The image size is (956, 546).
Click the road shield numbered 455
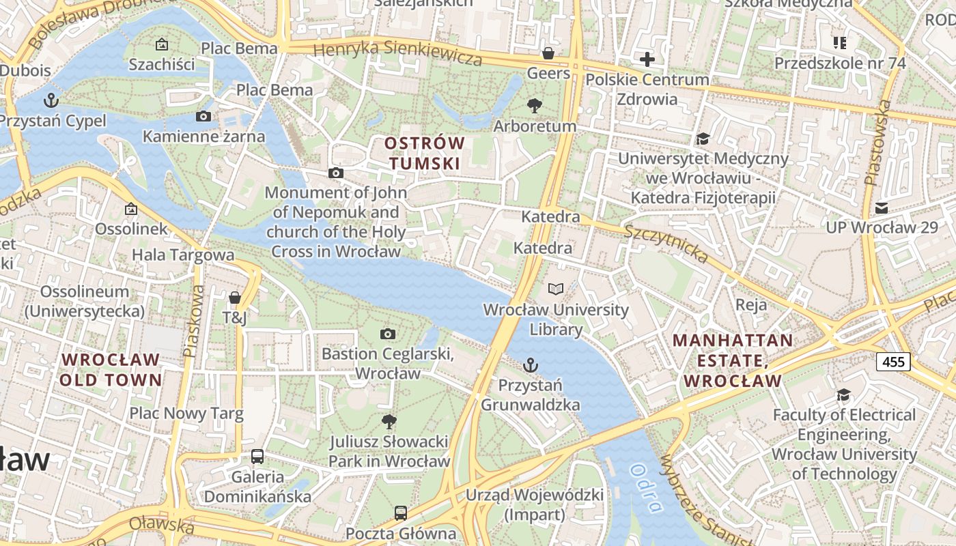click(893, 361)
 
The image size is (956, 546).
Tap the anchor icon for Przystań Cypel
click(51, 101)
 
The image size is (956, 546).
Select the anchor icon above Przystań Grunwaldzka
click(531, 366)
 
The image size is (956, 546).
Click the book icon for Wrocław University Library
click(557, 289)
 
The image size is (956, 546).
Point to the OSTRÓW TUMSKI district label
click(424, 154)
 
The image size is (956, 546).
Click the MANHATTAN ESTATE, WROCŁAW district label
click(733, 360)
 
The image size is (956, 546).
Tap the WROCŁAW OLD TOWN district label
click(111, 370)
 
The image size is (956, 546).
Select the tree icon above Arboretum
click(535, 106)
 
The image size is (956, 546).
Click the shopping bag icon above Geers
click(548, 53)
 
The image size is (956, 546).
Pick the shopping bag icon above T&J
click(235, 298)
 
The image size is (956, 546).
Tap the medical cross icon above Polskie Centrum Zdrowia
click(647, 59)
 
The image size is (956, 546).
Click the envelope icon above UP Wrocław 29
click(882, 207)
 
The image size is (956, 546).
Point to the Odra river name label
click(646, 487)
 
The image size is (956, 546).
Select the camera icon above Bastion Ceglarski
click(388, 334)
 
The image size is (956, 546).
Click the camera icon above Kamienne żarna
click(203, 116)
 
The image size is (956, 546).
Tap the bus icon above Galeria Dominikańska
click(257, 456)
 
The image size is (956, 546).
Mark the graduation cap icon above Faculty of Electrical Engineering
click(844, 395)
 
